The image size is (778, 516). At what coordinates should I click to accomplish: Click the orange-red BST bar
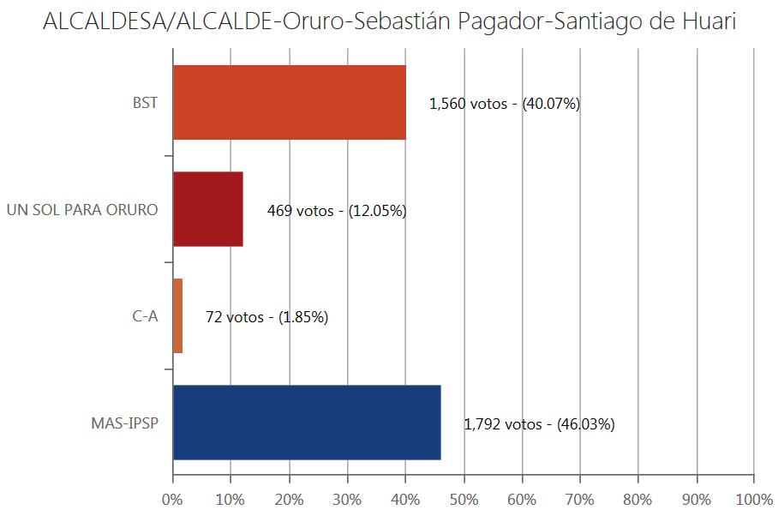tap(289, 103)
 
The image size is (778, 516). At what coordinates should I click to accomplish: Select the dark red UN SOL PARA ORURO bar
tap(208, 209)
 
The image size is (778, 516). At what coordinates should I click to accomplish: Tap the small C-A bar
tap(177, 316)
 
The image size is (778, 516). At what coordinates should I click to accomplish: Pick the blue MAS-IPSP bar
tap(307, 423)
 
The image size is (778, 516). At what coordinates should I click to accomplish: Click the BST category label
tap(145, 103)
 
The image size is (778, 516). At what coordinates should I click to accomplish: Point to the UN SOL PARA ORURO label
tap(82, 209)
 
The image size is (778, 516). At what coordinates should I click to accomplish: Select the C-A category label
tap(145, 316)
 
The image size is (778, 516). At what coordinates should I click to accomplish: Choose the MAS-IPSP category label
tap(124, 423)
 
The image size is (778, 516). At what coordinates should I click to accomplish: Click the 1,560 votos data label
tap(505, 104)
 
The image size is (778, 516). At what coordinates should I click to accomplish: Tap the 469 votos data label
tap(337, 210)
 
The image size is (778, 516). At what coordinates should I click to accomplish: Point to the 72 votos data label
tap(266, 317)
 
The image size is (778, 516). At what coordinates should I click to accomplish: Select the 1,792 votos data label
tap(539, 423)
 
